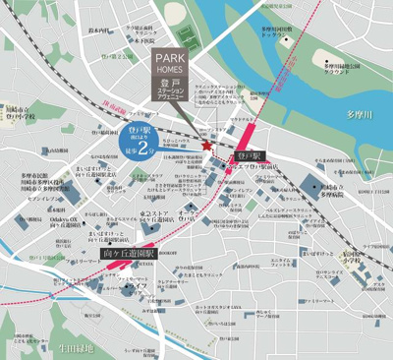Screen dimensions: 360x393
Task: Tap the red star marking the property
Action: [x=206, y=147]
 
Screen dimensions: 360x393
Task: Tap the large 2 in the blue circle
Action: [x=144, y=150]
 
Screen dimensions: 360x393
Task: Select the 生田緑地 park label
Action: [x=76, y=347]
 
